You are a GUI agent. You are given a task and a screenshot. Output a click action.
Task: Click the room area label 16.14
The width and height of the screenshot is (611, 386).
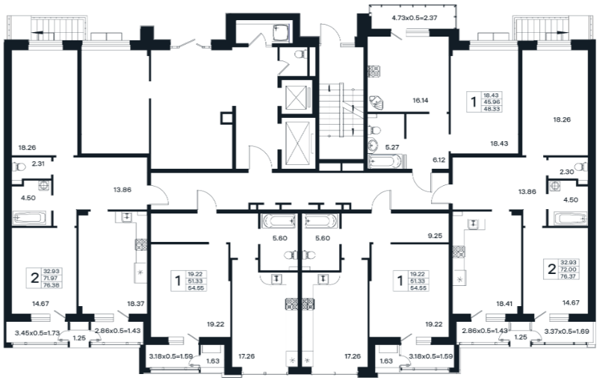click(x=421, y=101)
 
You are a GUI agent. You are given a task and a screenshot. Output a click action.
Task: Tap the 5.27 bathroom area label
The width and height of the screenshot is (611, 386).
click(x=392, y=147)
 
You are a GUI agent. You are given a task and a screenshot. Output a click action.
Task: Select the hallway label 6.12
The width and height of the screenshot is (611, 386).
click(x=438, y=160)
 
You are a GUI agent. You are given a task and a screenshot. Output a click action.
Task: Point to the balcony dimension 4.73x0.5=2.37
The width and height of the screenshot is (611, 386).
click(x=415, y=17)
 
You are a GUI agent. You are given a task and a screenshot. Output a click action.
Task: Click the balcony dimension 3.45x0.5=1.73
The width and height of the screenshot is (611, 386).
click(x=37, y=333)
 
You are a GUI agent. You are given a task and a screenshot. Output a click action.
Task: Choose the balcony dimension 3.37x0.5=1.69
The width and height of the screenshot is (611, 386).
click(x=567, y=331)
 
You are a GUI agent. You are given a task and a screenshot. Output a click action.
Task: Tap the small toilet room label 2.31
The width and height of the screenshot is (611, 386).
click(x=38, y=164)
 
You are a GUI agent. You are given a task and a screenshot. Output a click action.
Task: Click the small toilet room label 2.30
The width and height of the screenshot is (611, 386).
click(x=566, y=172)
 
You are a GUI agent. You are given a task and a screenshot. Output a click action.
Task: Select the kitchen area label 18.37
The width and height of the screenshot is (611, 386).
click(x=136, y=304)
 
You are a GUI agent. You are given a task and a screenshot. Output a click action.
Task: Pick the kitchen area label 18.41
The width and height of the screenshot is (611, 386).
click(x=504, y=303)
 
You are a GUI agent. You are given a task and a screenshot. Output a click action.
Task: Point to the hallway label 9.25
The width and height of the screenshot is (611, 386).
click(x=435, y=236)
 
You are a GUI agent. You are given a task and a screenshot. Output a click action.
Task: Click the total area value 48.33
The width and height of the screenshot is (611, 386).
click(x=491, y=109)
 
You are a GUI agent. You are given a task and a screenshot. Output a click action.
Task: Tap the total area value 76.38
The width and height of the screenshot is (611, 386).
click(x=52, y=284)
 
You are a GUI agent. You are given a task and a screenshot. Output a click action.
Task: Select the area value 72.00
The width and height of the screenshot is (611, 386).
click(x=569, y=270)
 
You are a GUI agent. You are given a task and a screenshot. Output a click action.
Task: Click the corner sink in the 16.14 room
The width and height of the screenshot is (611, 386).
click(x=376, y=102)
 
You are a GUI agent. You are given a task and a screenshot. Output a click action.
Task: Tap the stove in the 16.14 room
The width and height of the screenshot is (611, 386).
click(x=374, y=71)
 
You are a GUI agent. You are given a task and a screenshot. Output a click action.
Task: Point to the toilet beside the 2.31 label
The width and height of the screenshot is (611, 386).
click(x=18, y=167)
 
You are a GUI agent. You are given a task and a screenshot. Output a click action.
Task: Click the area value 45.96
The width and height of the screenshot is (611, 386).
click(x=491, y=102)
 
